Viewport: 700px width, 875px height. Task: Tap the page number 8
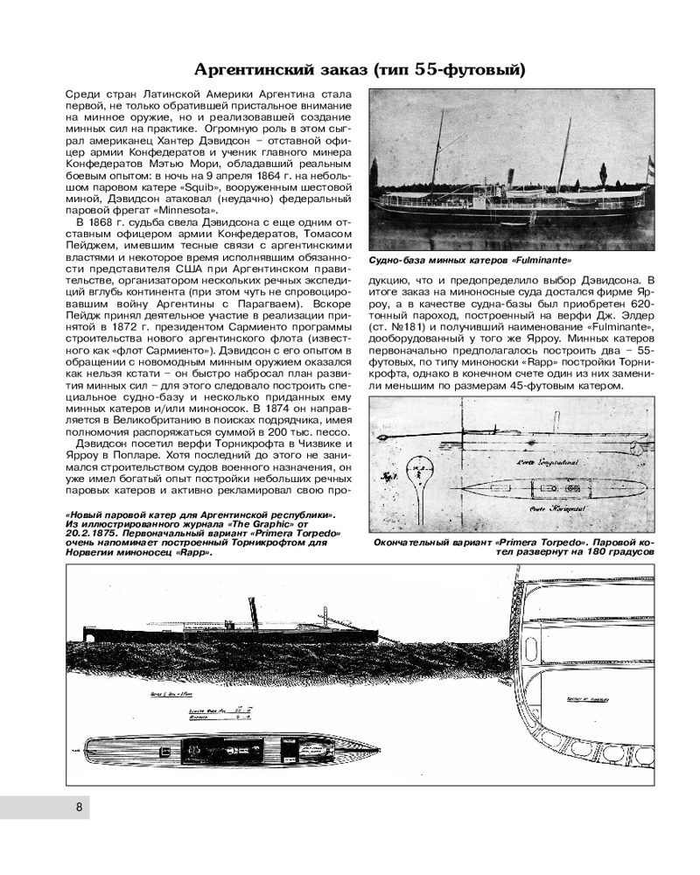click(78, 808)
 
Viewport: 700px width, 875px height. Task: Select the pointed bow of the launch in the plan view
click(368, 752)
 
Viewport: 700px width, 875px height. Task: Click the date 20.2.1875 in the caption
click(89, 533)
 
